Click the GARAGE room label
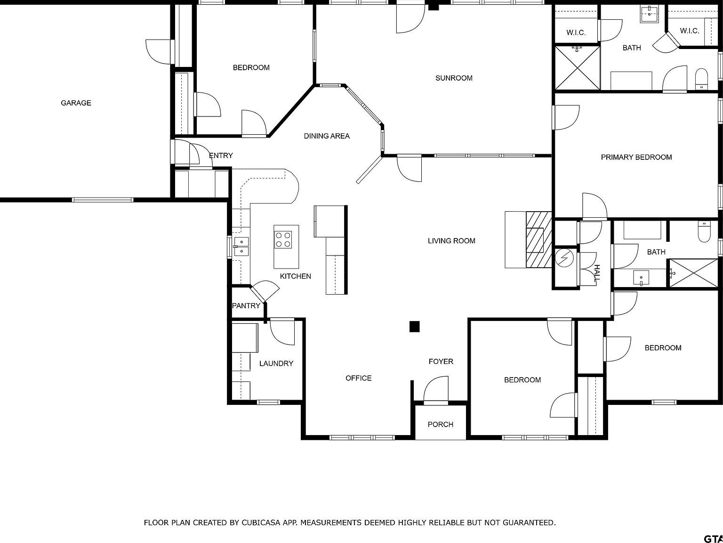[76, 103]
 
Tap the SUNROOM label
[454, 78]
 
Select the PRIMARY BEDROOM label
[636, 157]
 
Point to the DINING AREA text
[326, 136]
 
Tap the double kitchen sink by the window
[241, 247]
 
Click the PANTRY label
[246, 305]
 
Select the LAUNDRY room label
[276, 363]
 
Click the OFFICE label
[358, 378]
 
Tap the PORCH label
[440, 424]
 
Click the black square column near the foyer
[414, 326]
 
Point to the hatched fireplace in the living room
[538, 239]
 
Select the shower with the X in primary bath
[578, 67]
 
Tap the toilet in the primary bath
[701, 79]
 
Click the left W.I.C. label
[576, 33]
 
